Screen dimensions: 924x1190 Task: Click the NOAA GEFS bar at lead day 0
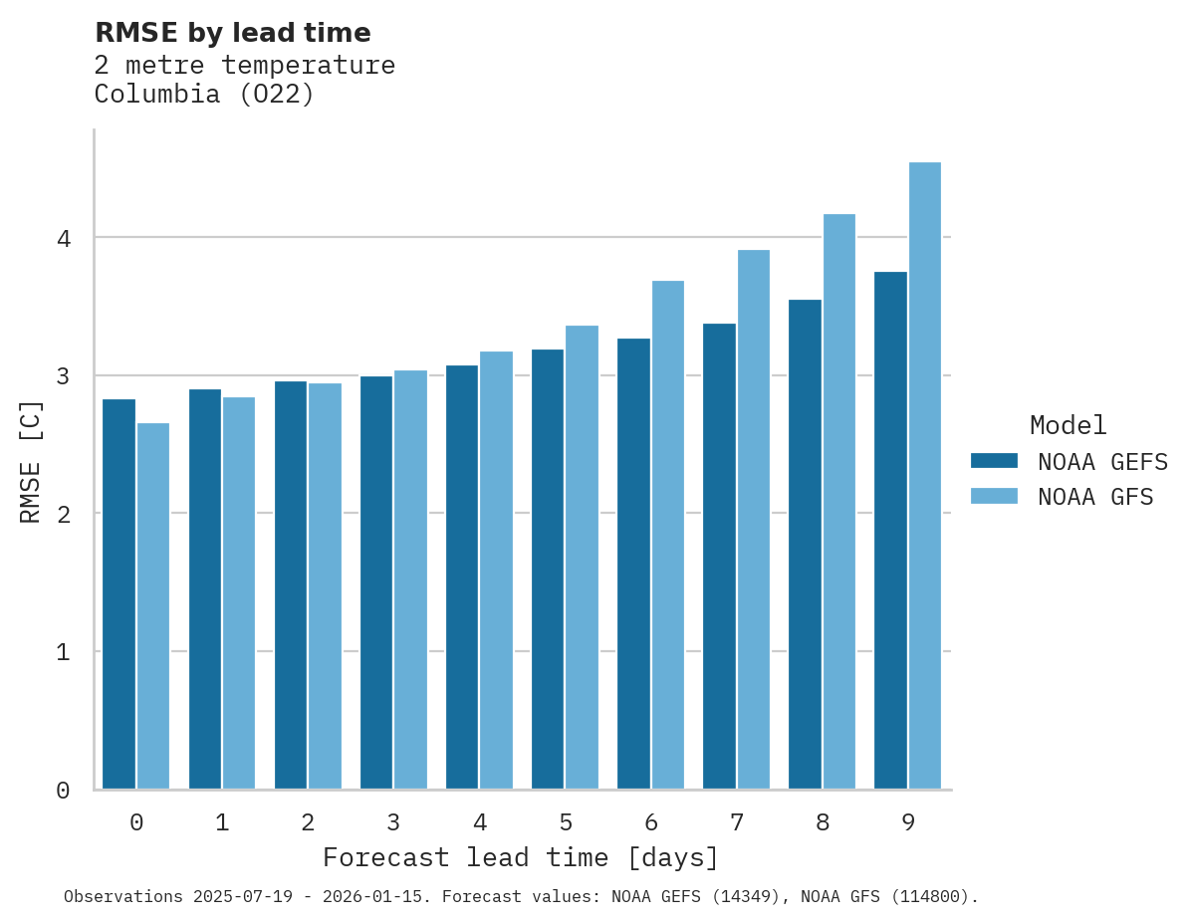pos(119,594)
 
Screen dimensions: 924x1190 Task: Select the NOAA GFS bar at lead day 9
pos(924,476)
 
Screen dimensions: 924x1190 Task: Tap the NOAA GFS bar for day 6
pos(667,535)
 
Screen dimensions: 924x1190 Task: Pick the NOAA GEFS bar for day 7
pos(719,557)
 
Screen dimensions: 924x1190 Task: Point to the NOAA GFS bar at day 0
pos(152,606)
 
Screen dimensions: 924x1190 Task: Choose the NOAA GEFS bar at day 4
pos(462,577)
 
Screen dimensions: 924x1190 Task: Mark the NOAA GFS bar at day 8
pos(838,502)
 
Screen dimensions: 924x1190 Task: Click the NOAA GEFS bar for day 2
pos(291,585)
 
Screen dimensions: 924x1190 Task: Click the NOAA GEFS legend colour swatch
pos(994,461)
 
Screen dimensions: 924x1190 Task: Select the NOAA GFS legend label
pos(1095,497)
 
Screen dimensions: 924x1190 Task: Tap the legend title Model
pos(1068,426)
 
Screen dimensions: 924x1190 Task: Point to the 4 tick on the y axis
pos(63,239)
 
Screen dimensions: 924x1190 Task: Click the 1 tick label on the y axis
pos(63,653)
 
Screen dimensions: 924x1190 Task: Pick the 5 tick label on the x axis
pos(566,823)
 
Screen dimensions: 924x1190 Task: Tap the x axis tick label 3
pos(393,823)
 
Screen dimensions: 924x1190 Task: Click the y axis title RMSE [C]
pos(31,461)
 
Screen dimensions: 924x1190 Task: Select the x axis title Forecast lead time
pos(520,858)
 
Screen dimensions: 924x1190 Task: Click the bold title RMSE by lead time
pos(232,33)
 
